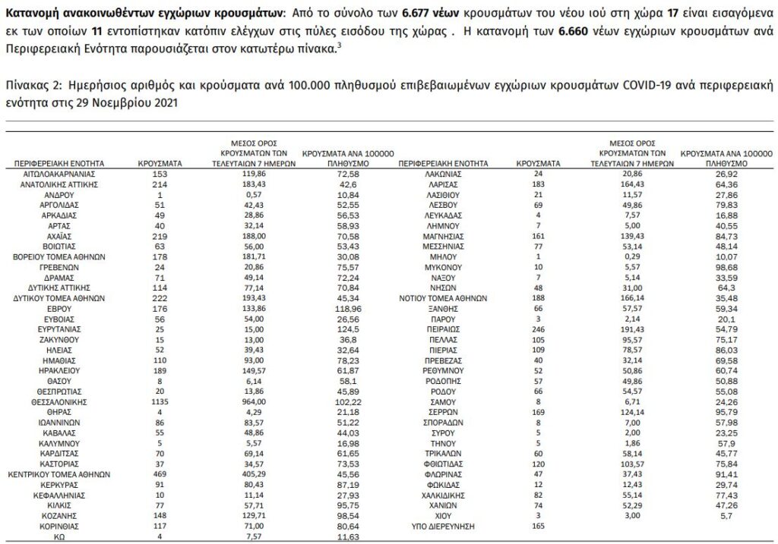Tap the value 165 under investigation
(538, 524)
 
